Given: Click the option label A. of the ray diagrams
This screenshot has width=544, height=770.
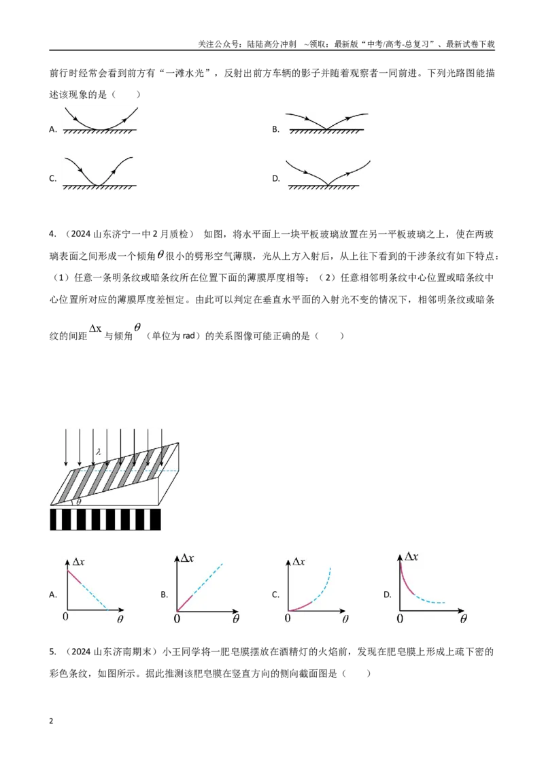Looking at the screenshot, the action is coord(53,129).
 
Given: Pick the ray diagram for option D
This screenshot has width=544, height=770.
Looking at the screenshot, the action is coord(328,174).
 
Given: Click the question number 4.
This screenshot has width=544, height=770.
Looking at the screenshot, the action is coord(52,234).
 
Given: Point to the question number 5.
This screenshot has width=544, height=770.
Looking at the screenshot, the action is coord(52,652).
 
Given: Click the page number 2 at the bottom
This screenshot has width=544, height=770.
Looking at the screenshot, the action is coord(51,721).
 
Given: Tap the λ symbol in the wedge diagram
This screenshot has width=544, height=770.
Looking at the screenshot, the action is coord(98,450).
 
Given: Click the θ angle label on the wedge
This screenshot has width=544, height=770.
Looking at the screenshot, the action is coord(79,502).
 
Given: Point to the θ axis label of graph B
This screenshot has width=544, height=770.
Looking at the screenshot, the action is coord(236,619).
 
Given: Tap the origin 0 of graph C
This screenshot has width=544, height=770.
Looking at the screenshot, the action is coord(288,618).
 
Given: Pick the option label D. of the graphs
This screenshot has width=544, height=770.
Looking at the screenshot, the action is coord(388,595).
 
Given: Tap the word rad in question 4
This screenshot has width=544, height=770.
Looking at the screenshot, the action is coord(188,337).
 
